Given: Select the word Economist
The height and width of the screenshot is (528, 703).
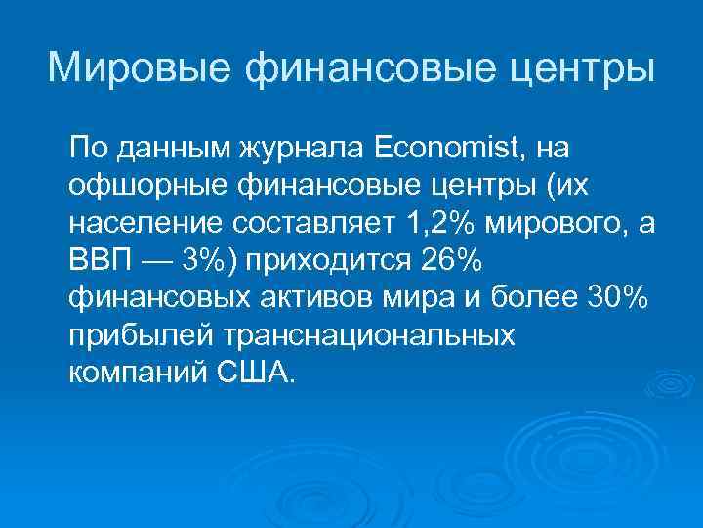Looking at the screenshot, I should (x=450, y=150).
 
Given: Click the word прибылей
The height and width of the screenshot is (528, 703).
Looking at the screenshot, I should (x=143, y=335).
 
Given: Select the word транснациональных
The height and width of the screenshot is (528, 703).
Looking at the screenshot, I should (x=370, y=335).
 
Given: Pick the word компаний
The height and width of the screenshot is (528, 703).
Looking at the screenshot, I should (x=134, y=373).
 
